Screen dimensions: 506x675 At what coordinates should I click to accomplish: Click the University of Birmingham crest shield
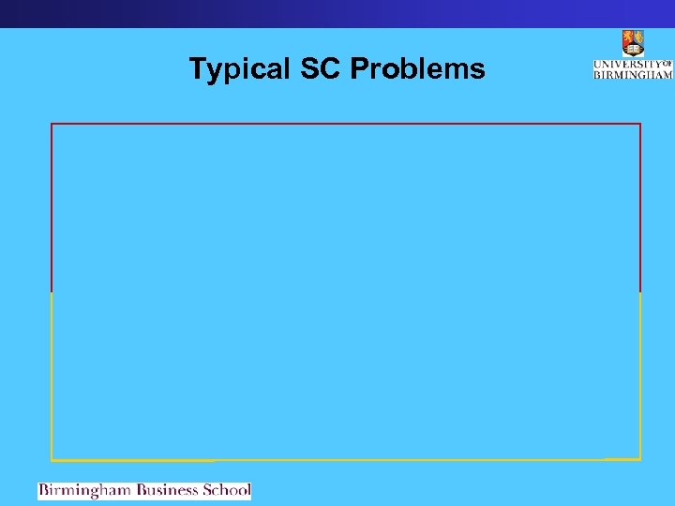(633, 43)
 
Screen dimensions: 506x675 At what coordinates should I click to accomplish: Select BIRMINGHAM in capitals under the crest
(633, 74)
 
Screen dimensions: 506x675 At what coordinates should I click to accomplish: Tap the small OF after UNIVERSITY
(667, 63)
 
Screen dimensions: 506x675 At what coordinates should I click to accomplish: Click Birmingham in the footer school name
(85, 490)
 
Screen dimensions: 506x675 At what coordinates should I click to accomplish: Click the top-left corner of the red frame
(52, 124)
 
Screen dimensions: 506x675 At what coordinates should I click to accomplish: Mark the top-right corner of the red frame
(640, 124)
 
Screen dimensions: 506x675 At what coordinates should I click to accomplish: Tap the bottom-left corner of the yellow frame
(52, 460)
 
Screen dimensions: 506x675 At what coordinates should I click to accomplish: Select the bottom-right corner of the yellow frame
(640, 459)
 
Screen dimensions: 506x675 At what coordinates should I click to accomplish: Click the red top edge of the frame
(346, 124)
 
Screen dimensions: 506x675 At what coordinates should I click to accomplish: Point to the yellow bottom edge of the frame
(346, 460)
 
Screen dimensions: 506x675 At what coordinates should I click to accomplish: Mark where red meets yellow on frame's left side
(52, 291)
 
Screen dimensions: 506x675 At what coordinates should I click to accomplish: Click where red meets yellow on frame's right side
(640, 291)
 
